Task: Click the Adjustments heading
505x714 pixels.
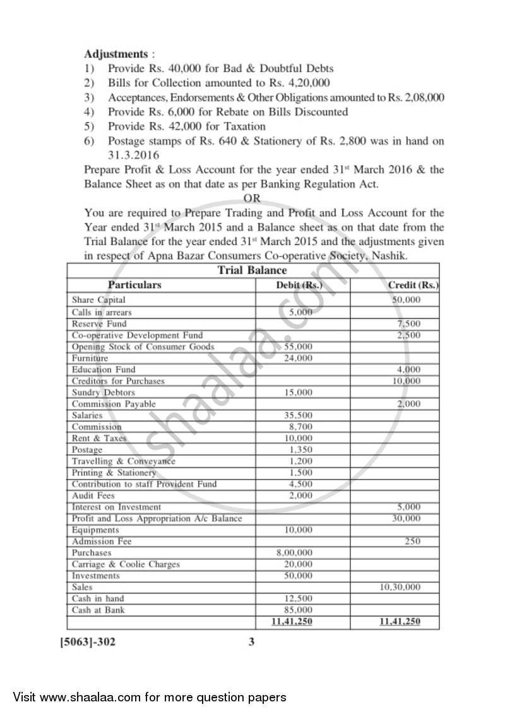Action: pos(116,54)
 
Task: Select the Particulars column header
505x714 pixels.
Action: pos(134,285)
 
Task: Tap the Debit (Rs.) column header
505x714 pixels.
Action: pos(300,286)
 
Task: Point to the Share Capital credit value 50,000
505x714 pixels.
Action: pos(406,300)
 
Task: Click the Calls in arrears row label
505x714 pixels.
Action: pos(102,312)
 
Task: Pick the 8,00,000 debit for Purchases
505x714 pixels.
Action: pos(294,553)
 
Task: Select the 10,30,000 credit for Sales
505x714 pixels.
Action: pos(400,587)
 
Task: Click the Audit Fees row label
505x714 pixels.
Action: pos(93,495)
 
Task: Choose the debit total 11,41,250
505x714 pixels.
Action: pos(292,622)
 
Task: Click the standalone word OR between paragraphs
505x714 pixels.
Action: pos(252,198)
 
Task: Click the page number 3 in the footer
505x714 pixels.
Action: pos(251,643)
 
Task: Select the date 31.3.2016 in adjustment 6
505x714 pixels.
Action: pos(133,155)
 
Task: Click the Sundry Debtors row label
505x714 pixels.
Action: pos(104,392)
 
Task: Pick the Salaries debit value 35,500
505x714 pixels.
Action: pos(298,415)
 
